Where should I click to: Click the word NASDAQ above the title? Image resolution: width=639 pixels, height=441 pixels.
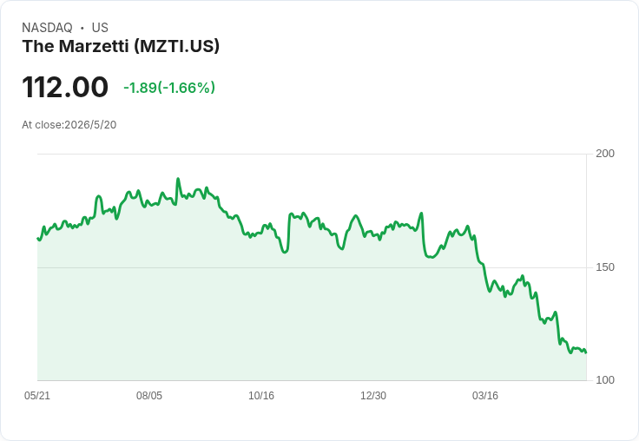click(x=47, y=28)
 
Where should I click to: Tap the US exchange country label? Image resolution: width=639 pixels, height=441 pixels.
click(x=100, y=28)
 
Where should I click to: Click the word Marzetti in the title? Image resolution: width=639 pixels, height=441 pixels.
click(x=94, y=46)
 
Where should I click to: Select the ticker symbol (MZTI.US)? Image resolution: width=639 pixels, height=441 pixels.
click(x=176, y=46)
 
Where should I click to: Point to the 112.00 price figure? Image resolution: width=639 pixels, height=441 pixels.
click(x=65, y=87)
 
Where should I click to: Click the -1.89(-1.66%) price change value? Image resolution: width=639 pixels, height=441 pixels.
click(x=169, y=88)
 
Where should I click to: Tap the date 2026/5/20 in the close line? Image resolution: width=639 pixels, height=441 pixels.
click(x=90, y=125)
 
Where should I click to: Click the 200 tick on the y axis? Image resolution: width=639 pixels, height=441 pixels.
click(x=605, y=154)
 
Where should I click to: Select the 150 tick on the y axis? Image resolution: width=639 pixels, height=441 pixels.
click(x=605, y=267)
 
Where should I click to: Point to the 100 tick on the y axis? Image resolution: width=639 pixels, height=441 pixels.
click(x=605, y=380)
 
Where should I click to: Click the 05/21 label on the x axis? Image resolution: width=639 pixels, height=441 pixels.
click(x=37, y=396)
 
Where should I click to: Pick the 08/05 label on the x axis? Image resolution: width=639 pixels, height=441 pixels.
click(x=149, y=396)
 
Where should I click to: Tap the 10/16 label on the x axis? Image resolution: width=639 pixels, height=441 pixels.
click(x=261, y=396)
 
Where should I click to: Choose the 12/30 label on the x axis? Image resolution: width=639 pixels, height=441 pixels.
click(x=373, y=396)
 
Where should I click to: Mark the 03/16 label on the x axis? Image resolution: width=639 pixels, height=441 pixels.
click(x=485, y=396)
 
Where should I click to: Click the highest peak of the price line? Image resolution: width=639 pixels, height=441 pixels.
click(x=178, y=179)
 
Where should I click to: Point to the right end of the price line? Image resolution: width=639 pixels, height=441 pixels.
click(x=586, y=352)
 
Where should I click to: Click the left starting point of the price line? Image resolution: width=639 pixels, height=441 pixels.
click(x=38, y=238)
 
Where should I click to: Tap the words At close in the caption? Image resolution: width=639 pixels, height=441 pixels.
click(x=42, y=125)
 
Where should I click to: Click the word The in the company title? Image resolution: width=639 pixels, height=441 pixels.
click(x=38, y=46)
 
